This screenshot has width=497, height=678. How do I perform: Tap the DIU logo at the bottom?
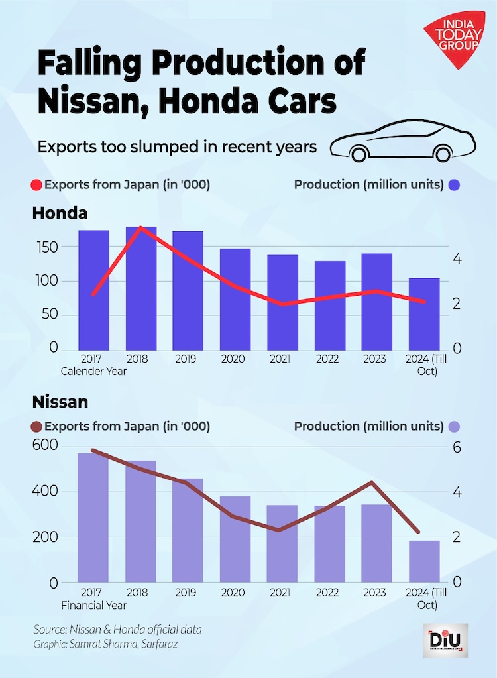tap(445, 640)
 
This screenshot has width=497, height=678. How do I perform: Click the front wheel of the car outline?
tap(359, 154)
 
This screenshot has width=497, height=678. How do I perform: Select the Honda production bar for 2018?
tap(141, 288)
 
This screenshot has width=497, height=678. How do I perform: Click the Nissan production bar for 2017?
tap(93, 517)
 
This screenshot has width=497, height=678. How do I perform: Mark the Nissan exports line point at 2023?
tap(372, 482)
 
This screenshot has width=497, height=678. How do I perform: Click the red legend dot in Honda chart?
tap(37, 185)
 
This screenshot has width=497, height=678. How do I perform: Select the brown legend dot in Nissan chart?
tap(37, 426)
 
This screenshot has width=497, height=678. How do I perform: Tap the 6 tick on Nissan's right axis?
tap(457, 447)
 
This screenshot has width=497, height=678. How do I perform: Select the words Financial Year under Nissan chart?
tap(93, 605)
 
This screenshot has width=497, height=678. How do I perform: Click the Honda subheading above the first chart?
tap(60, 213)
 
